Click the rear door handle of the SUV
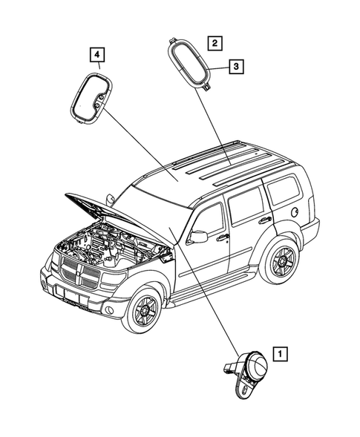pyautogui.click(x=264, y=220)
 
